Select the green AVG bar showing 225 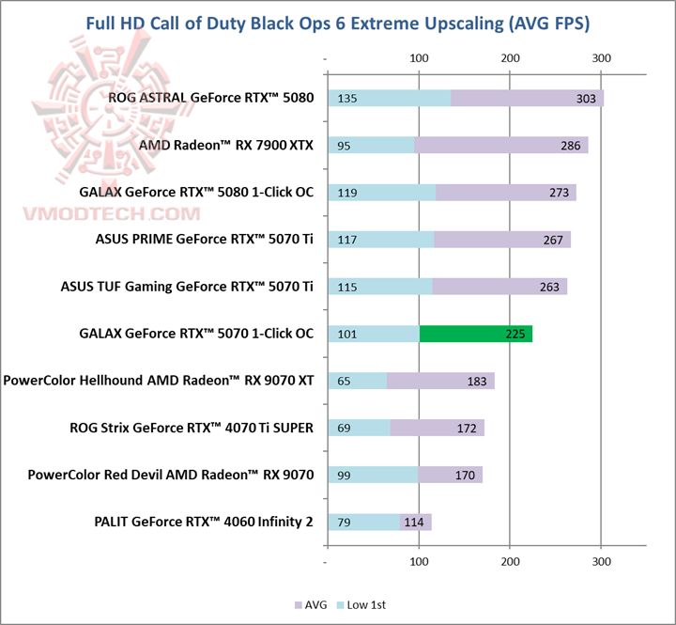tap(475, 334)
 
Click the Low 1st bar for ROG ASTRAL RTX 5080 tap(389, 99)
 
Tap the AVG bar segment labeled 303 tap(527, 99)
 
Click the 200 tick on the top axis tap(510, 58)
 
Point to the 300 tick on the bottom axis tap(602, 562)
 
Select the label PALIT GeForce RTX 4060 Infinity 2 tap(204, 521)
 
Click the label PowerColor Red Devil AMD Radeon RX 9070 tap(171, 474)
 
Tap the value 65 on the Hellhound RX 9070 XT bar tap(344, 381)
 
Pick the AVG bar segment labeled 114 tap(415, 522)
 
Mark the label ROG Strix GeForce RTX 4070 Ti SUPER tap(192, 427)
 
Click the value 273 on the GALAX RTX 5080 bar tap(561, 193)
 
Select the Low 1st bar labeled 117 tap(380, 240)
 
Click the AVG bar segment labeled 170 tap(451, 475)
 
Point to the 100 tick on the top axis tap(419, 58)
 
